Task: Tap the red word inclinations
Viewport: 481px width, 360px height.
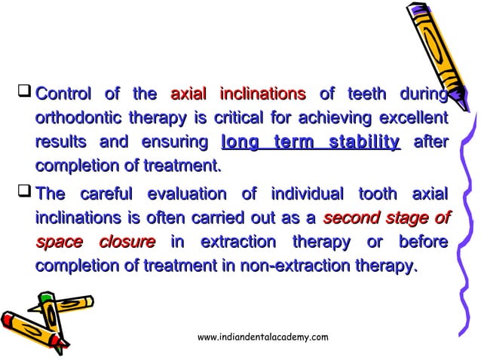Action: (x=262, y=95)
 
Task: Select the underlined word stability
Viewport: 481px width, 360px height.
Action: (x=358, y=143)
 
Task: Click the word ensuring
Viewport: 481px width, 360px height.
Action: (x=173, y=143)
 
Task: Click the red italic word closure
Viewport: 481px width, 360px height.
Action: (x=127, y=243)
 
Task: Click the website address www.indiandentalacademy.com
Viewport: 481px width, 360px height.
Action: (x=262, y=337)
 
